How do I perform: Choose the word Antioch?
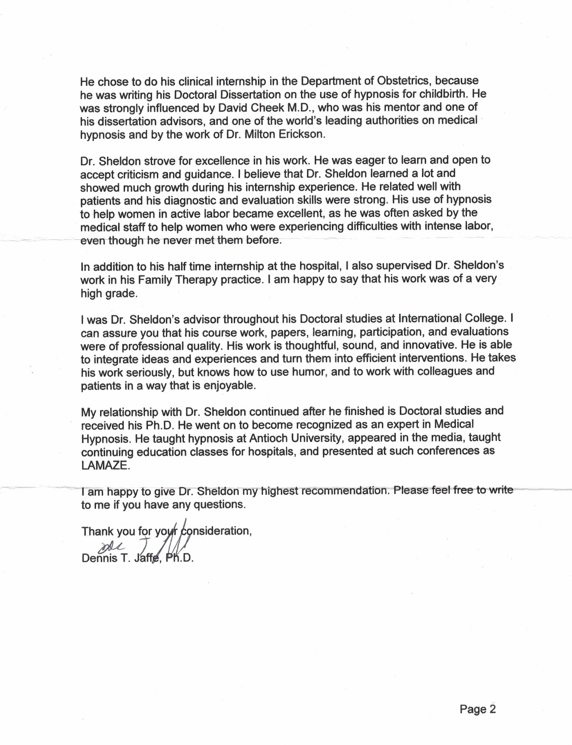pyautogui.click(x=268, y=438)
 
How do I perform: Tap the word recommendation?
pyautogui.click(x=344, y=491)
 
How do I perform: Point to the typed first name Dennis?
pyautogui.click(x=99, y=558)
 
